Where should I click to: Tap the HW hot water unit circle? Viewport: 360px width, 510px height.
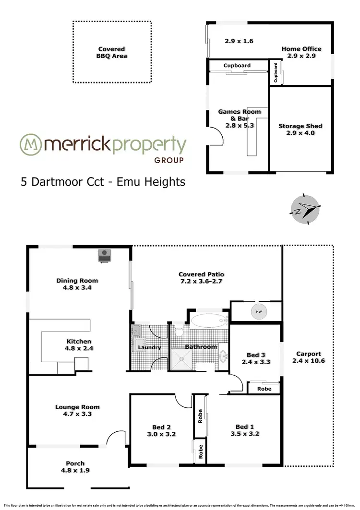pos(259,312)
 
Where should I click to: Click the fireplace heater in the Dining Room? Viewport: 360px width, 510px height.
pos(104,256)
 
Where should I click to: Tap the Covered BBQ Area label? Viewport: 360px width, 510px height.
pos(111,52)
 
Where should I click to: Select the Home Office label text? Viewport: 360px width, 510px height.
pos(301,49)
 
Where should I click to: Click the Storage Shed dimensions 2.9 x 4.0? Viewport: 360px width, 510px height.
pos(300,133)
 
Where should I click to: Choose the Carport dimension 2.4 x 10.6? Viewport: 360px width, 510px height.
pos(308,361)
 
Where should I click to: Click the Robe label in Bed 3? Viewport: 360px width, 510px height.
pos(264,389)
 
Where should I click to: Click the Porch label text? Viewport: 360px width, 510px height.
pos(75,463)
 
